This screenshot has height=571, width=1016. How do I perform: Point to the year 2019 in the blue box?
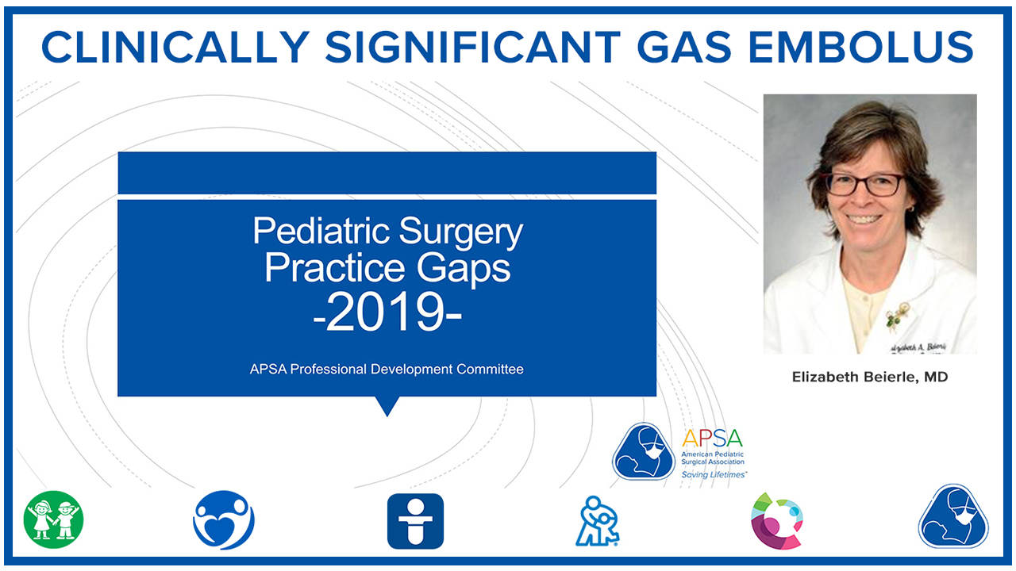(387, 313)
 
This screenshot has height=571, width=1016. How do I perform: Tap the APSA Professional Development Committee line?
(387, 370)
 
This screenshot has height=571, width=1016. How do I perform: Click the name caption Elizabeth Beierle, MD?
(870, 377)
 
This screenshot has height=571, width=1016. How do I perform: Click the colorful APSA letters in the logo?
(712, 439)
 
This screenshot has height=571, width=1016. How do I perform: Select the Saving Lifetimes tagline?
(714, 474)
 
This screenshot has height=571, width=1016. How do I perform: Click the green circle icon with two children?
(54, 520)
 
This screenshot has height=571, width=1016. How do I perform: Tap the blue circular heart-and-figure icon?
(224, 520)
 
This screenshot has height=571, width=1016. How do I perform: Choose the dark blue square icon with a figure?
(415, 521)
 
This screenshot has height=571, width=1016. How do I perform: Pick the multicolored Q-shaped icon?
(778, 521)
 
